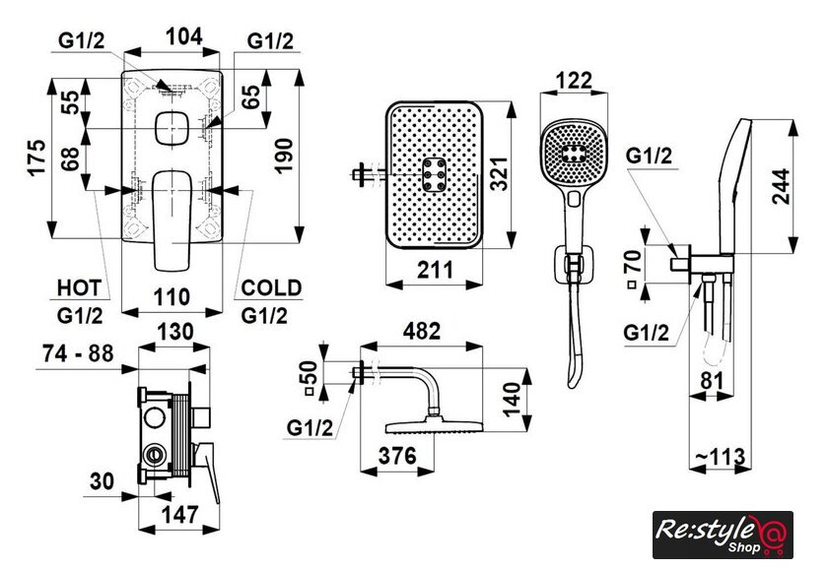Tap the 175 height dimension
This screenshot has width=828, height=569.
(x=36, y=158)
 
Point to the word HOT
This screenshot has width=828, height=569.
(x=78, y=287)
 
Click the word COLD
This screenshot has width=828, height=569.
(x=271, y=287)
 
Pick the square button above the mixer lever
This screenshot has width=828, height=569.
(x=172, y=129)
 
